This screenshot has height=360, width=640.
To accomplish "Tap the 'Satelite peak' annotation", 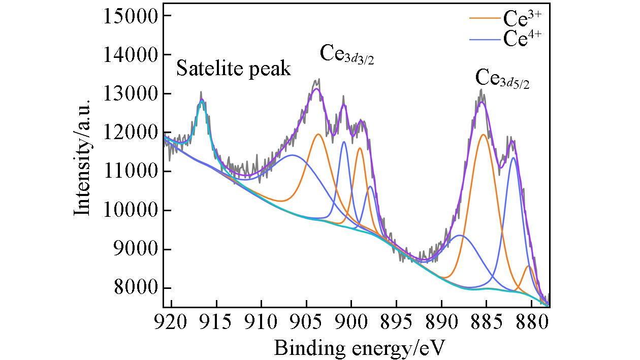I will click(x=234, y=69).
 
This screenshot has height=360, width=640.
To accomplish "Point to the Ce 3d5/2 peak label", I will click(x=502, y=79).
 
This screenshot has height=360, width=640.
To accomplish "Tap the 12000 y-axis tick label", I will click(x=132, y=133).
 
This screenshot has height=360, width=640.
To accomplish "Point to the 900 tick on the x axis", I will click(x=351, y=323).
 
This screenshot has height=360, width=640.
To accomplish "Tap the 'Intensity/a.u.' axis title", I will click(x=82, y=157).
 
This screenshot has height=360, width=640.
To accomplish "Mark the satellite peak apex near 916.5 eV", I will click(x=202, y=101).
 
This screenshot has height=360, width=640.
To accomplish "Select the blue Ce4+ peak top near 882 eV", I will click(x=514, y=157).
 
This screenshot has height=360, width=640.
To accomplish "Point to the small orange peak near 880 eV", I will click(x=528, y=266).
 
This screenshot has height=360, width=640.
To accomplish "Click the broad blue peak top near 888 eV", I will click(x=460, y=235).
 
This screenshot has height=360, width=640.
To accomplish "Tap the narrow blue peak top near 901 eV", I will click(x=344, y=142).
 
